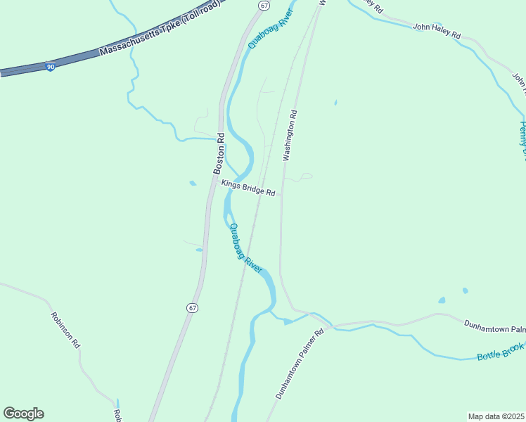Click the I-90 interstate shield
[50, 66]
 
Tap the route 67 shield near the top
[263, 5]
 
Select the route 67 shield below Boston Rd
[193, 308]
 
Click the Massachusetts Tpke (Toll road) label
[160, 29]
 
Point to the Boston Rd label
[219, 154]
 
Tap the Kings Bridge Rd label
[248, 188]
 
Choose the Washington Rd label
[290, 136]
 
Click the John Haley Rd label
[436, 31]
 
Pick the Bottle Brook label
[501, 351]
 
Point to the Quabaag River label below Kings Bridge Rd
[245, 248]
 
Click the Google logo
[23, 414]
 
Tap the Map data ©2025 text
[496, 416]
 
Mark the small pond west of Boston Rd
[193, 184]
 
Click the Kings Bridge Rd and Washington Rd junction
[282, 195]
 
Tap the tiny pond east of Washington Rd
[335, 103]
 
